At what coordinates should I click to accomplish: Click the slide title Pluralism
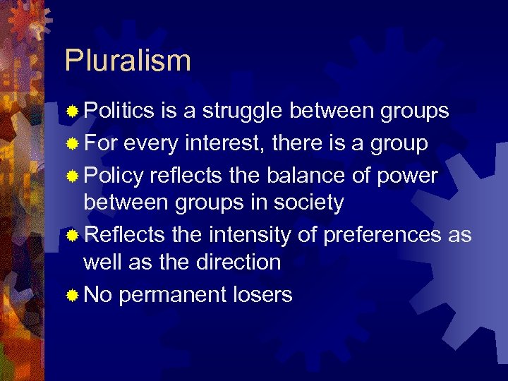point(128,61)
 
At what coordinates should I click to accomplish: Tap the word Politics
point(119,111)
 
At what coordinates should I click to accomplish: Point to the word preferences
point(382,235)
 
